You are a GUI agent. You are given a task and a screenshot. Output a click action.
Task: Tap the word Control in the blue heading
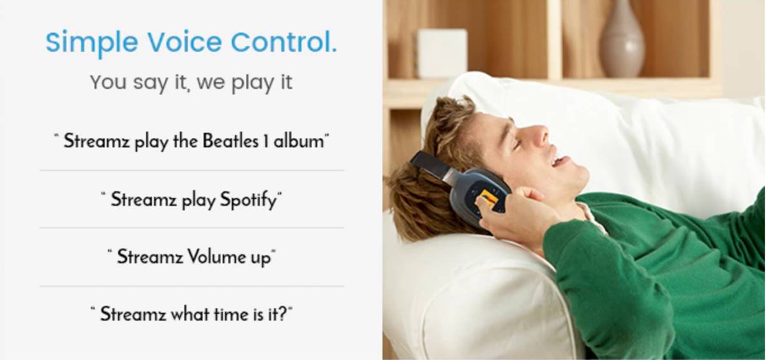(283, 43)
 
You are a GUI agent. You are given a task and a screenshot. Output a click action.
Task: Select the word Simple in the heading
(91, 43)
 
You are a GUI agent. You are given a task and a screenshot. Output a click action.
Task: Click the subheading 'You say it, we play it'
(191, 82)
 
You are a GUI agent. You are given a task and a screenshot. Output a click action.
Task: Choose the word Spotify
(248, 200)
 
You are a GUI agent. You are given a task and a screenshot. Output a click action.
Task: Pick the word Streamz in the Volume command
(150, 257)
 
